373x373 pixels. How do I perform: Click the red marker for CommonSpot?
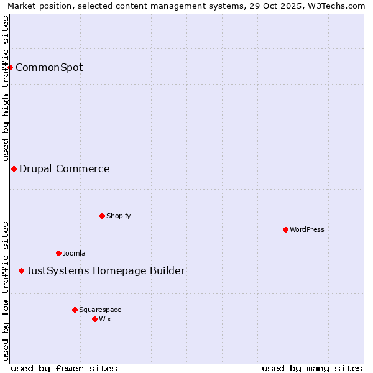click(x=11, y=67)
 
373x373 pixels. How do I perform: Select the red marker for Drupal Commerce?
click(x=14, y=168)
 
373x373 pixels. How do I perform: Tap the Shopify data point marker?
click(x=102, y=216)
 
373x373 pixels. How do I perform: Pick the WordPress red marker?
click(x=285, y=229)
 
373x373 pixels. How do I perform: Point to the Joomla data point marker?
click(x=58, y=253)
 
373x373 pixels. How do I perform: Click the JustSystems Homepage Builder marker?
click(x=21, y=270)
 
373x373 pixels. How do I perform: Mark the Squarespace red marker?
click(x=75, y=310)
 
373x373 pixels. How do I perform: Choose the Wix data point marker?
click(x=94, y=319)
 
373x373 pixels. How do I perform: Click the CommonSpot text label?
click(x=49, y=67)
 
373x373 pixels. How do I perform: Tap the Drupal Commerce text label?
click(x=65, y=168)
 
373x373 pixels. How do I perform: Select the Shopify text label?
click(x=118, y=216)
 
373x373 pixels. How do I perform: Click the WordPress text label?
click(x=307, y=229)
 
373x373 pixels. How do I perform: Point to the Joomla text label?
click(x=74, y=253)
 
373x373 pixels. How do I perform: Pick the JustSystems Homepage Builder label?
click(x=106, y=270)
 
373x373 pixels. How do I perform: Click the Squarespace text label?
click(x=100, y=310)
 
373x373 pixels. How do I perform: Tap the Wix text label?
click(x=105, y=319)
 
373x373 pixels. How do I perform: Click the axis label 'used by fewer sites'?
click(x=64, y=368)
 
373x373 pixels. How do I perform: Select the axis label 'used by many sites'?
click(x=312, y=368)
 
